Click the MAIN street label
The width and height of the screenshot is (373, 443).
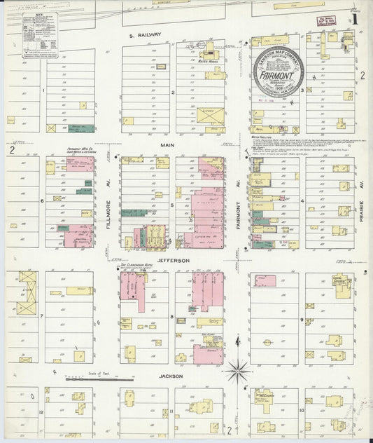pos(167,145)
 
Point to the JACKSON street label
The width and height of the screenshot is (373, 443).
pos(171,376)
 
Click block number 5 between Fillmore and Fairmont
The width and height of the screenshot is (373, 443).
pos(171,205)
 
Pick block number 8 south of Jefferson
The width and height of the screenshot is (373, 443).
pos(171,317)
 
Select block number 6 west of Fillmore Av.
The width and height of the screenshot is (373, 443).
pos(42,200)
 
